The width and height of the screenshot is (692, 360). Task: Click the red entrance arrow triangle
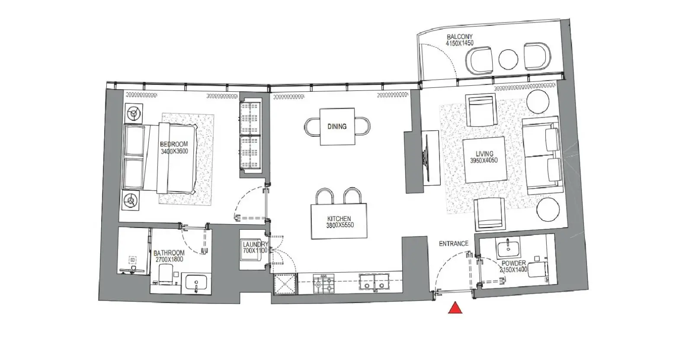click(455, 308)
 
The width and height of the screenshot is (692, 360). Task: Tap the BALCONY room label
click(460, 37)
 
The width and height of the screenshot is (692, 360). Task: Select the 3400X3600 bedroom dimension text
click(174, 151)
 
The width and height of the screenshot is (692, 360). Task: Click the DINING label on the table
click(337, 126)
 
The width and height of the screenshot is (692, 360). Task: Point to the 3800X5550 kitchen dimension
click(340, 225)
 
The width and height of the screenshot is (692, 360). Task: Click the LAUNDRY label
click(255, 244)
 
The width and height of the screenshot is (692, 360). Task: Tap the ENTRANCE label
click(454, 244)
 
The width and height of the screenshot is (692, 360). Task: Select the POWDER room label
click(513, 263)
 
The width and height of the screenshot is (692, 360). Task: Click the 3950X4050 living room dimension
click(484, 161)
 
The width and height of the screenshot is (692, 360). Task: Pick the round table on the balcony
click(508, 59)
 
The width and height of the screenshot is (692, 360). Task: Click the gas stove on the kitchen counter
click(324, 284)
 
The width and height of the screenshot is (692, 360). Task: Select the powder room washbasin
click(508, 247)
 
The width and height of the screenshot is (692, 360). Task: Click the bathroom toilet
click(166, 274)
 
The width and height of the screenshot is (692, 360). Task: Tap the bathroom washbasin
click(196, 283)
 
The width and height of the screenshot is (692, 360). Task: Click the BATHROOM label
click(169, 253)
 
